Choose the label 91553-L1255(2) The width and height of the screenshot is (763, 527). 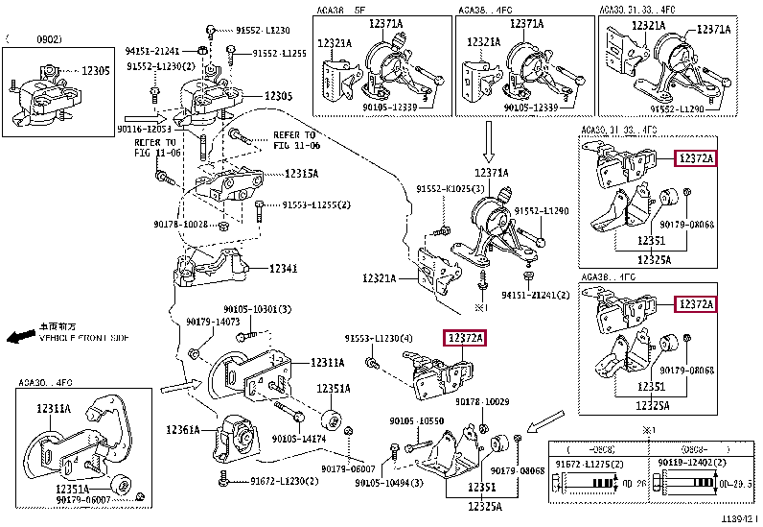click(315, 205)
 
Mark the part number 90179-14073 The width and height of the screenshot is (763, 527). click(212, 321)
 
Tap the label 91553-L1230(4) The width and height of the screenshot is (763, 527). click(379, 339)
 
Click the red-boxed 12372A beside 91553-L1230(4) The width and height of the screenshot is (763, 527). click(464, 337)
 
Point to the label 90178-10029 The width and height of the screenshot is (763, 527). click(482, 400)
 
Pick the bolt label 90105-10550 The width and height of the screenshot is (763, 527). click(416, 421)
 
